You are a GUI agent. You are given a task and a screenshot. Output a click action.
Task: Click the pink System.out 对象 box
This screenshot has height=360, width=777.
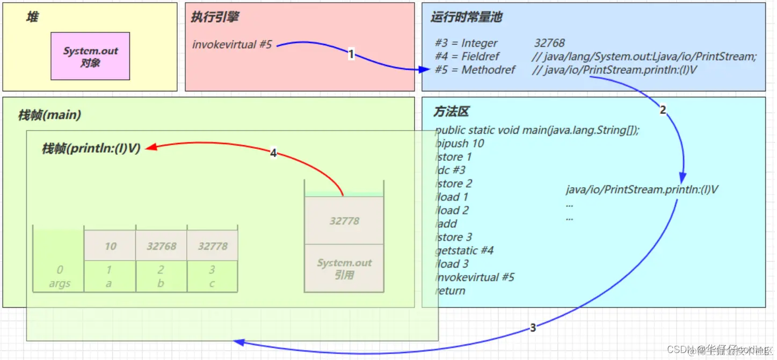[x=90, y=56]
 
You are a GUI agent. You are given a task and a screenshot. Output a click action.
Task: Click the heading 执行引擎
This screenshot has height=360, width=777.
[x=215, y=17]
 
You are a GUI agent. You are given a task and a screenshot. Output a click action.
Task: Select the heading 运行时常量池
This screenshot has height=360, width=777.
[x=466, y=17]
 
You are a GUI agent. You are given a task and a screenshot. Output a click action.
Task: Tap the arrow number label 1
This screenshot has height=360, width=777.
[x=351, y=54]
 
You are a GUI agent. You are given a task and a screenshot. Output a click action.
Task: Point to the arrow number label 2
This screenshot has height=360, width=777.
[x=663, y=110]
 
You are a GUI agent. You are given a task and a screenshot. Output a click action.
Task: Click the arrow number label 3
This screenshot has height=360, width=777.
[x=533, y=328]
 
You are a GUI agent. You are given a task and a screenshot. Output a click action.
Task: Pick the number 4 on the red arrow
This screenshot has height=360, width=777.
[x=273, y=154]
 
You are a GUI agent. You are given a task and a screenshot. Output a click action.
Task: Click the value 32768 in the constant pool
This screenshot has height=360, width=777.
[x=549, y=43]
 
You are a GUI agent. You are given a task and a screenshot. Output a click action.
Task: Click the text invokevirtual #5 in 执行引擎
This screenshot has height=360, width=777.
[x=232, y=45]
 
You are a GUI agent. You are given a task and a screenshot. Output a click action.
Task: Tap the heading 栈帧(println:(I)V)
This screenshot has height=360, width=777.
[x=91, y=149]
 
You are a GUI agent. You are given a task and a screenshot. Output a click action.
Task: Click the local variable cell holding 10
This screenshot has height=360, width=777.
[x=110, y=246]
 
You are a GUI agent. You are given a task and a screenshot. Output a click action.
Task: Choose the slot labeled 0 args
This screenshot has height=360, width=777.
[x=60, y=276]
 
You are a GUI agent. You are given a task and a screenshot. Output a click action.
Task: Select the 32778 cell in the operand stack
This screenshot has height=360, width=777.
[x=344, y=221]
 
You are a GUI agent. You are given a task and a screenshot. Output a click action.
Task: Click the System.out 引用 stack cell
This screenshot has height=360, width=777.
[x=344, y=269]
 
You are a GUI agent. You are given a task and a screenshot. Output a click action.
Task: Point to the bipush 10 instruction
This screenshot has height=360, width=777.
[x=460, y=143]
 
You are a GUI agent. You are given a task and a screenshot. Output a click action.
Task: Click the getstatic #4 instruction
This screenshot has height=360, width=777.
[x=464, y=250]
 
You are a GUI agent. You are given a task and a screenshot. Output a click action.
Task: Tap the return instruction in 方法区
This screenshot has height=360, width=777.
[x=451, y=291]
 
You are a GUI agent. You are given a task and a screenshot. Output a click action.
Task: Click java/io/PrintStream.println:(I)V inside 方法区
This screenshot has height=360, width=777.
[x=642, y=190]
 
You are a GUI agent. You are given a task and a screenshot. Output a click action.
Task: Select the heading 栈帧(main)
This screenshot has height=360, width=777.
[x=49, y=115]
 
